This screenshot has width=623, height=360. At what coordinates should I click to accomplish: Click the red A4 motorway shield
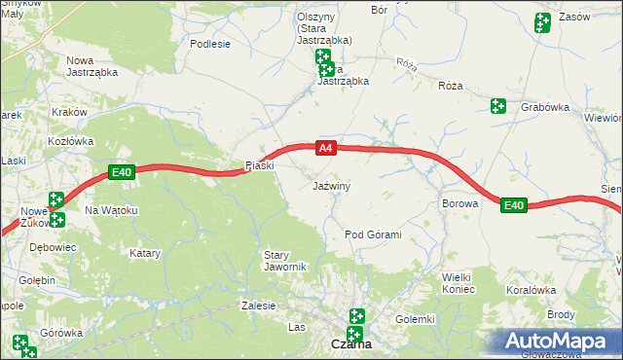point(326,149)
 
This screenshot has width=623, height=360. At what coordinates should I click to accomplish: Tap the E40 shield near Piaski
point(121,173)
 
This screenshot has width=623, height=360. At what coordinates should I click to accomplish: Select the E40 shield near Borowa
point(514,205)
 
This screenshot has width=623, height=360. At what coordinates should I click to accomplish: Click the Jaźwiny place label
point(331,185)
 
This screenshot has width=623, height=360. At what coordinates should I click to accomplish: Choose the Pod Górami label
point(374,235)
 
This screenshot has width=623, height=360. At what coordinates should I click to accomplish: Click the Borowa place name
point(459,204)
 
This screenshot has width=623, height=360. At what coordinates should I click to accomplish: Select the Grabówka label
point(544,108)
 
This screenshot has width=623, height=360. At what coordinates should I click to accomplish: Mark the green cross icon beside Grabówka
point(498,105)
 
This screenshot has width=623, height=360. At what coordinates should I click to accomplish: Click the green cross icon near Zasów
point(542,21)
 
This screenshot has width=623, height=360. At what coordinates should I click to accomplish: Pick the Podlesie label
point(210,44)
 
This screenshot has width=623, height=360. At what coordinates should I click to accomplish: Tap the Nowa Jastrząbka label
point(92,66)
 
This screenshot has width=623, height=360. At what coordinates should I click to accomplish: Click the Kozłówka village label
point(70,141)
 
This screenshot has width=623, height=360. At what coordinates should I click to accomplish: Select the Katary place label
point(145,253)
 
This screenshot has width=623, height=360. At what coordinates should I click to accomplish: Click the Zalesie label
point(258,306)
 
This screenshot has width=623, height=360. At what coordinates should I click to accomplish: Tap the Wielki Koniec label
point(458,282)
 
